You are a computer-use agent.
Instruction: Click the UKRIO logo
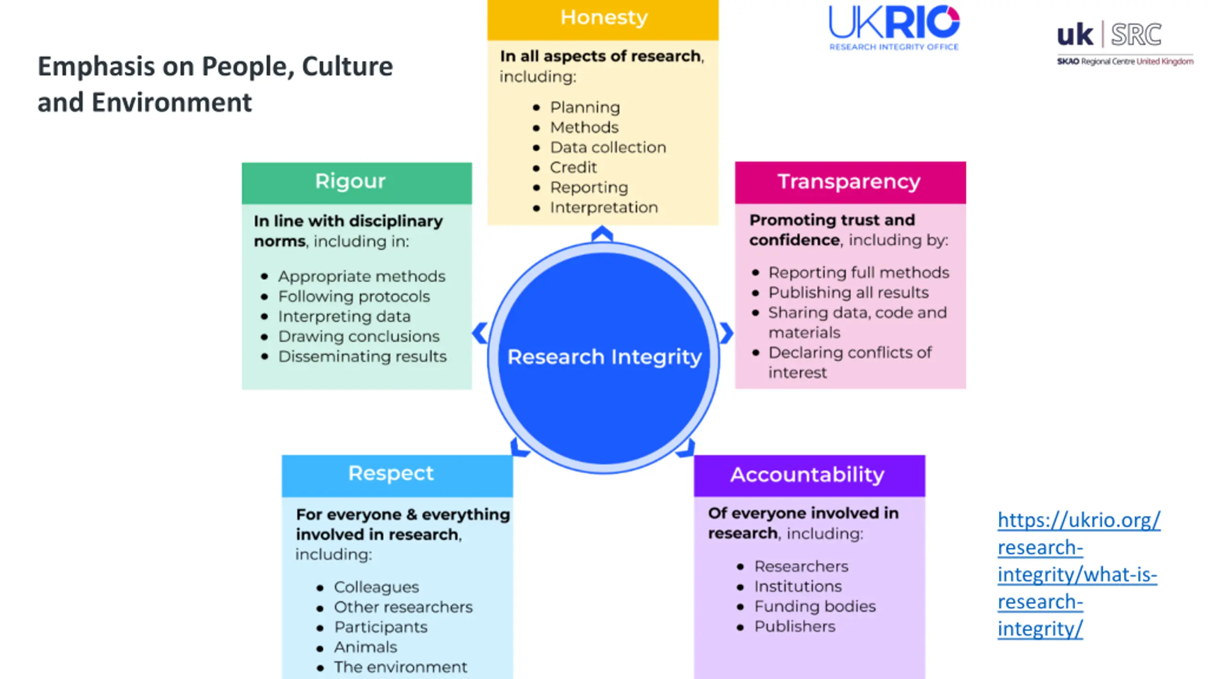894,27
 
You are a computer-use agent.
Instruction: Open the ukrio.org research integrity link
1078,574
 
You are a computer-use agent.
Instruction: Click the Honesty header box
603,19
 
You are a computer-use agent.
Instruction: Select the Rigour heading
350,182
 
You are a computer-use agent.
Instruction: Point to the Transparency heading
849,182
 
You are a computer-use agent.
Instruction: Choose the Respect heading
391,473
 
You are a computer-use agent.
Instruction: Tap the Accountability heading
807,475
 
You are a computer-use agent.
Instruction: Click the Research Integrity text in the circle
604,357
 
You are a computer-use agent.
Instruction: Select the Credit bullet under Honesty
573,167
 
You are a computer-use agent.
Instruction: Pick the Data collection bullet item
608,148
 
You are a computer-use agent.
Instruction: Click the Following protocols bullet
353,297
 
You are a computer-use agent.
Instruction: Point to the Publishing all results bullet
848,293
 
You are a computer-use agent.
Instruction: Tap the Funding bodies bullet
814,606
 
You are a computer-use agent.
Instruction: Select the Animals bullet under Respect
365,647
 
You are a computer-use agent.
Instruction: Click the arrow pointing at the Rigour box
479,333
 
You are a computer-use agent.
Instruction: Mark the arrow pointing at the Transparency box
726,333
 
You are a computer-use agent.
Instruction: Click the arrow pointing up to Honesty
602,234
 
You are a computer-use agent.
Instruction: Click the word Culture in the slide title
347,66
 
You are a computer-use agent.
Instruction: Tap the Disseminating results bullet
362,357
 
